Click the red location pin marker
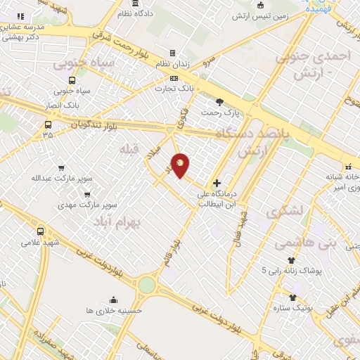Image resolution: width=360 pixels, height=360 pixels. (x=180, y=165)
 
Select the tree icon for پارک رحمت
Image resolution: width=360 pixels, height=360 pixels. (x=220, y=102)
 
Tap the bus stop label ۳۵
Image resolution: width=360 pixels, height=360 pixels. (x=47, y=134)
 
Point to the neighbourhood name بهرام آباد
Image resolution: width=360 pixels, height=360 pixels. (x=117, y=222)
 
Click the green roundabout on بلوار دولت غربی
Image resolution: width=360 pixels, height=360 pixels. (x=146, y=285)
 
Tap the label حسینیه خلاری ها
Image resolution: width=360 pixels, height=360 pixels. (x=114, y=310)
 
